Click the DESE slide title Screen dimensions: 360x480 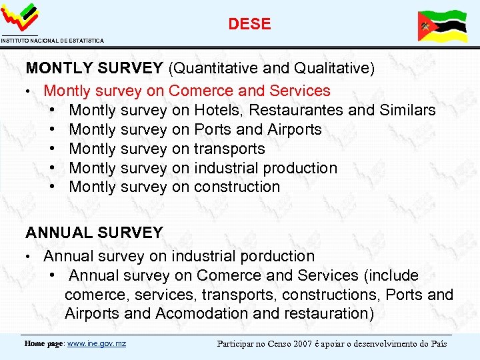tap(249, 24)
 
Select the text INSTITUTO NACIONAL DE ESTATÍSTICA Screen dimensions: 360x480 tap(52, 41)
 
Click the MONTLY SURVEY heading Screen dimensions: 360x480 tap(94, 68)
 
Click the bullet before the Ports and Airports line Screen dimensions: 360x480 tap(52, 129)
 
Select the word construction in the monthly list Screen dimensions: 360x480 tap(237, 187)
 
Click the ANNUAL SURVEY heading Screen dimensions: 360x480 tap(94, 233)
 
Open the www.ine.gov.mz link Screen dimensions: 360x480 tap(97, 343)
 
